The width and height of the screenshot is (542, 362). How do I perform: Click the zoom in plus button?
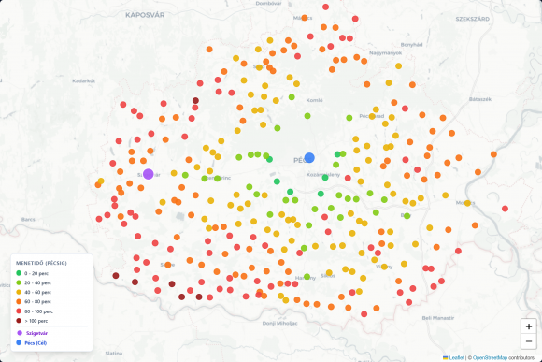click(x=529, y=326)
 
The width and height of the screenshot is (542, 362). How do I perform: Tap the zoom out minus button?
click(x=529, y=342)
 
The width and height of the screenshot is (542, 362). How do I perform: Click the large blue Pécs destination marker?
click(x=309, y=158)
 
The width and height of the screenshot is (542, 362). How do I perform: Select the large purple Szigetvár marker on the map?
click(x=148, y=174)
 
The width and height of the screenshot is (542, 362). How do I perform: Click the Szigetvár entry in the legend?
click(x=36, y=333)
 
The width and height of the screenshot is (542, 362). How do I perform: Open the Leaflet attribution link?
click(x=457, y=357)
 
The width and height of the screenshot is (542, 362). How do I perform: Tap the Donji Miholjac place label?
click(x=279, y=323)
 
